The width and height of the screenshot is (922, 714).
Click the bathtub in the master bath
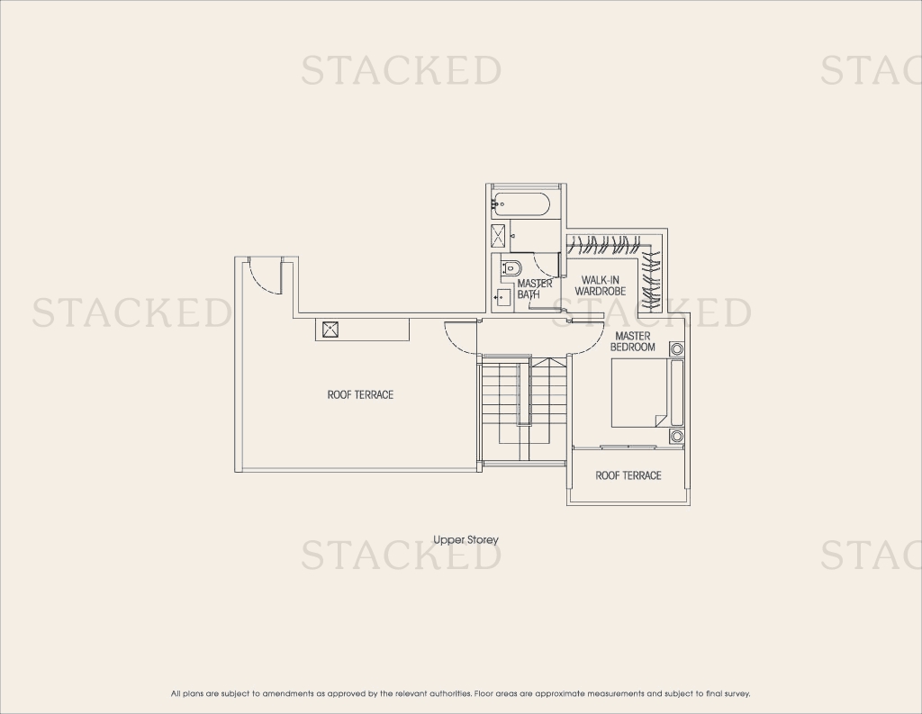click(521, 204)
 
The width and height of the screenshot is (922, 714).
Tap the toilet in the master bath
click(511, 269)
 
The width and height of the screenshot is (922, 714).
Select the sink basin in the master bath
click(503, 298)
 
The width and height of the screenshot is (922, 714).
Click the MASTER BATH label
click(535, 289)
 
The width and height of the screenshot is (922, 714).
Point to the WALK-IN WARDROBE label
click(601, 285)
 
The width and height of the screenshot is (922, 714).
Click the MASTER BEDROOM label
click(633, 341)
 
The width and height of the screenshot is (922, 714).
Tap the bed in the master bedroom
click(640, 393)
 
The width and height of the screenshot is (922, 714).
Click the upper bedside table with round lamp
click(677, 349)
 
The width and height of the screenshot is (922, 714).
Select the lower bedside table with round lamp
click(677, 436)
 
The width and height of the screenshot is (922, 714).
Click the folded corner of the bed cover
click(662, 420)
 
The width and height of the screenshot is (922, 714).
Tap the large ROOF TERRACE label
click(360, 394)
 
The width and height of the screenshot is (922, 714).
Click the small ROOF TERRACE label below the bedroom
click(628, 475)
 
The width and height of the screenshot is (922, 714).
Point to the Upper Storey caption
click(466, 539)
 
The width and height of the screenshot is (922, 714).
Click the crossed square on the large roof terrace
click(330, 330)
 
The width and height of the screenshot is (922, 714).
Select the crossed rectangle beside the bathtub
click(499, 236)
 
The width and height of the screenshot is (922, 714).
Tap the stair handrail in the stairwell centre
click(520, 393)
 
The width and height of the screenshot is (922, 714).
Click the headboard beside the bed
click(677, 393)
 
